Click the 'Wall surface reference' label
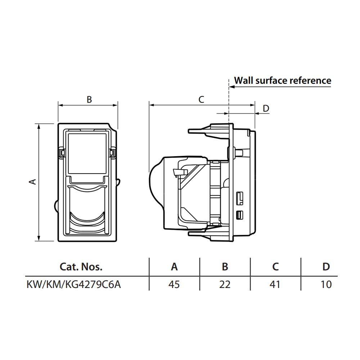(x=283, y=80)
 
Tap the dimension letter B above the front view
(x=89, y=100)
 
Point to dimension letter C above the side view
(x=201, y=100)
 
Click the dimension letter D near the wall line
(x=266, y=108)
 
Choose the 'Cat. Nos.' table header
(x=81, y=267)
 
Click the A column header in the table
(x=174, y=267)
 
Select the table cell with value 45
(x=174, y=284)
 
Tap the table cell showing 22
(x=225, y=284)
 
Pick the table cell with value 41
(x=275, y=284)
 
